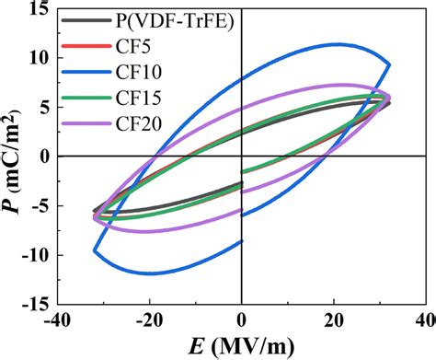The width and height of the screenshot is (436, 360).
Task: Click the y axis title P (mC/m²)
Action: click(x=13, y=157)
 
